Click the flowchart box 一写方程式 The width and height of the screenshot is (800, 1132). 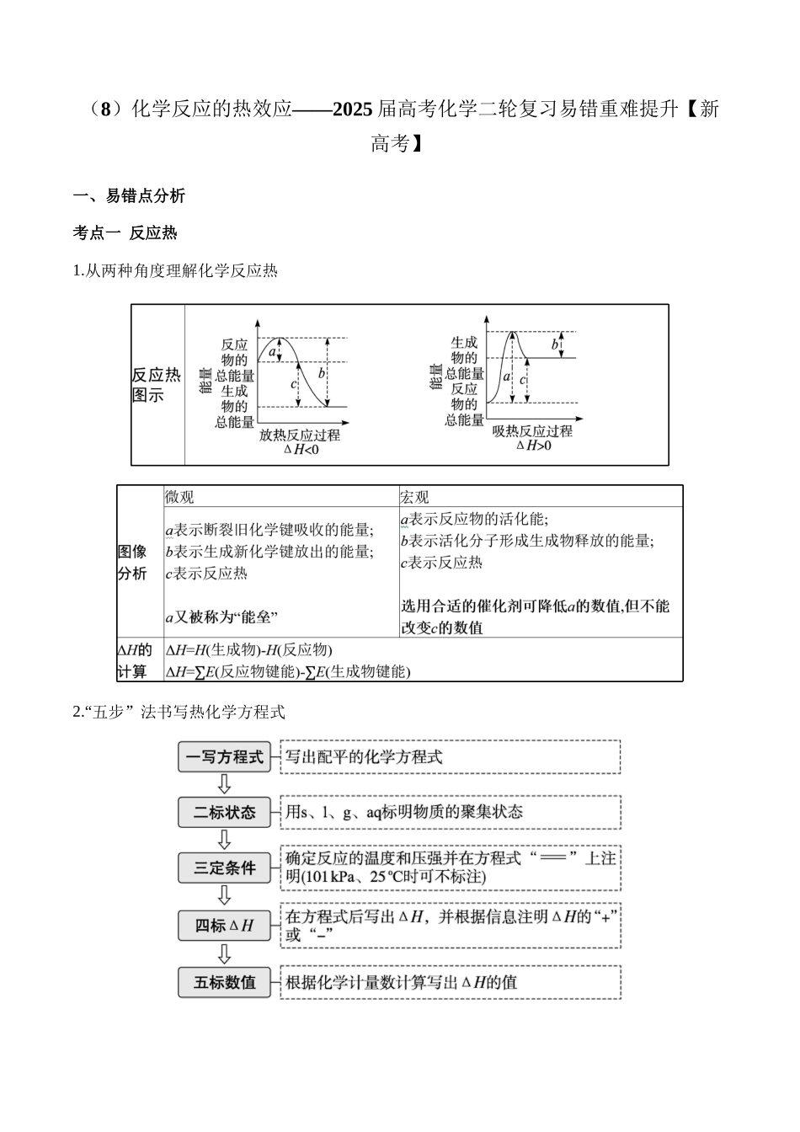point(224,757)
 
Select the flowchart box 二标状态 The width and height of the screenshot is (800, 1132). point(224,813)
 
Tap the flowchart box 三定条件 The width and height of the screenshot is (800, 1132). point(224,868)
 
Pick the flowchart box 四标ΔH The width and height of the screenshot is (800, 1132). point(224,925)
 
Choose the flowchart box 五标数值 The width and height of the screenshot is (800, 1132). point(224,982)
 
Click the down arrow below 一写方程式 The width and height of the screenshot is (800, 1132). point(224,785)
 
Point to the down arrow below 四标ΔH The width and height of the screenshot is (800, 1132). point(224,953)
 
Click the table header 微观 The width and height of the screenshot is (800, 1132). point(179,497)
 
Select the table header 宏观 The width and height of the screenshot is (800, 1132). point(414,497)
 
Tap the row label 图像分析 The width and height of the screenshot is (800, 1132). point(132,563)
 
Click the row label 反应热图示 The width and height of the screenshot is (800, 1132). point(156,385)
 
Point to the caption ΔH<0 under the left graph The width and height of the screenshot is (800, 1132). point(301,450)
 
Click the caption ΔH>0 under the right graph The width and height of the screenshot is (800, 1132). point(533,446)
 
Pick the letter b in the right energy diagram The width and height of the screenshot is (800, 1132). point(556,344)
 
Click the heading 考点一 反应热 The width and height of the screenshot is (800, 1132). point(125,233)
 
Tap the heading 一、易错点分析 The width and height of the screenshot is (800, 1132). point(129,196)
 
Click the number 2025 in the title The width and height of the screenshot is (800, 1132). point(353,110)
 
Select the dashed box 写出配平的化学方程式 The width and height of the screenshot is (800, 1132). point(451,757)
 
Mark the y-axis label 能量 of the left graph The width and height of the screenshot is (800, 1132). point(205,381)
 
